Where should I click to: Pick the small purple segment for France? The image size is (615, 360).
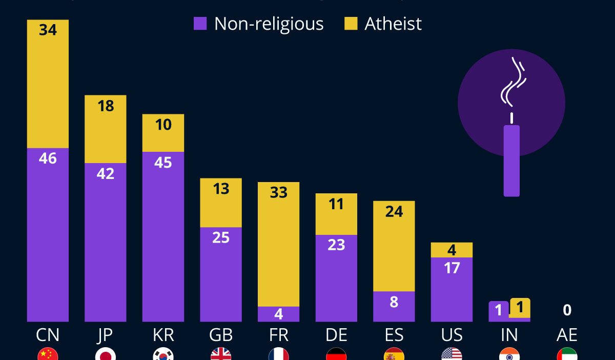(x=278, y=314)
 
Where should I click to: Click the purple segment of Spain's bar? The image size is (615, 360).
(x=394, y=307)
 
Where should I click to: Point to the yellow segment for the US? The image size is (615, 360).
(x=452, y=250)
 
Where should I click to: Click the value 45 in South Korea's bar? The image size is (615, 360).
(x=163, y=162)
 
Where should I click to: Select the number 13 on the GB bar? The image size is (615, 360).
(x=221, y=189)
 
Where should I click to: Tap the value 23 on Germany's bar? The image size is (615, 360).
(x=336, y=245)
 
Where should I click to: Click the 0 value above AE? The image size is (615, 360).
(x=567, y=310)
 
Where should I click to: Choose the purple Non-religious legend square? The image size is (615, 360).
(x=200, y=24)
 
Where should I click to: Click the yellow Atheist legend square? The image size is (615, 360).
(x=351, y=24)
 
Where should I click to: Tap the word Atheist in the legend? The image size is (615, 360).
(x=393, y=24)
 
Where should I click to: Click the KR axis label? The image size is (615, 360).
(x=163, y=335)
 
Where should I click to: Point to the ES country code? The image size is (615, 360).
(x=394, y=335)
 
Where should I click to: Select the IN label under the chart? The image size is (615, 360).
(x=509, y=335)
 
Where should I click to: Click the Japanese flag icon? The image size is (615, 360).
(x=106, y=354)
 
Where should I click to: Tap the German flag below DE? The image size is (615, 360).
(x=336, y=354)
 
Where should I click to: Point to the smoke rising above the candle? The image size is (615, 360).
(x=512, y=82)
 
